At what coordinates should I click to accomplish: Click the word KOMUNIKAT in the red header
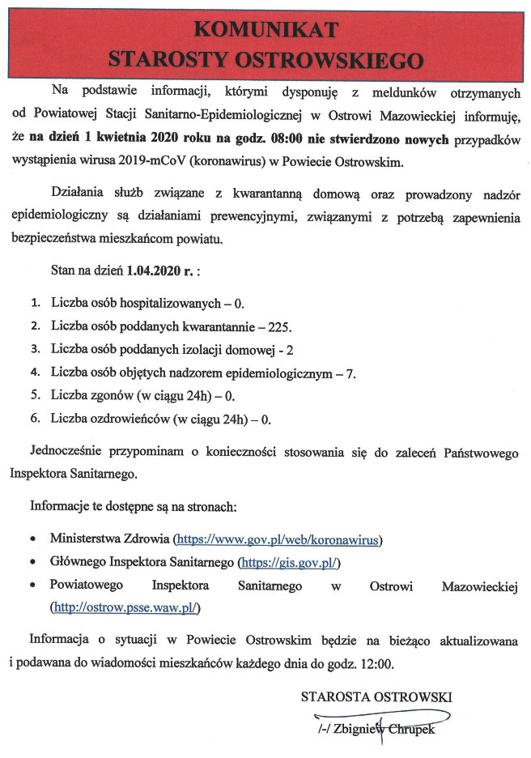tap(265, 30)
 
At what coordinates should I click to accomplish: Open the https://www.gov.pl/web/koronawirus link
tap(279, 539)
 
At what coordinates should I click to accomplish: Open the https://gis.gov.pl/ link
tap(288, 562)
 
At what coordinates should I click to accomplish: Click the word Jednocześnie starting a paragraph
tap(69, 452)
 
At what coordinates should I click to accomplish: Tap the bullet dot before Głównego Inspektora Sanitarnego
tap(32, 562)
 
